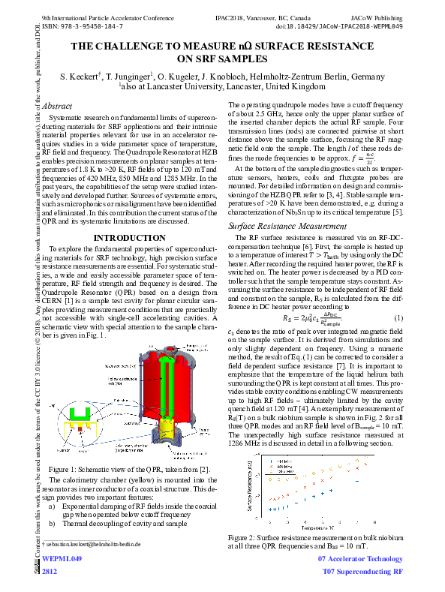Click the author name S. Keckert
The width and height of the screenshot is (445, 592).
coord(80,77)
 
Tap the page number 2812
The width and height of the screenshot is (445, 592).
coord(50,572)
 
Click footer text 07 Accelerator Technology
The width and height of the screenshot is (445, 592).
coord(360,559)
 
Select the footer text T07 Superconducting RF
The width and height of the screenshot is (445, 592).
coord(362,572)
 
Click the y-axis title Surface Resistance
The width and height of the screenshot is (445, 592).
coord(248,488)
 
